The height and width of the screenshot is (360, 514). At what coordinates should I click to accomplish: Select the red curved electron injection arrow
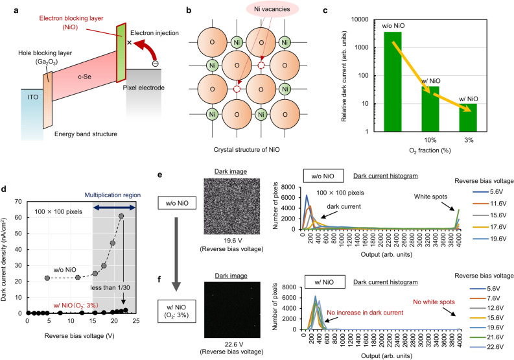coord(154,51)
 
